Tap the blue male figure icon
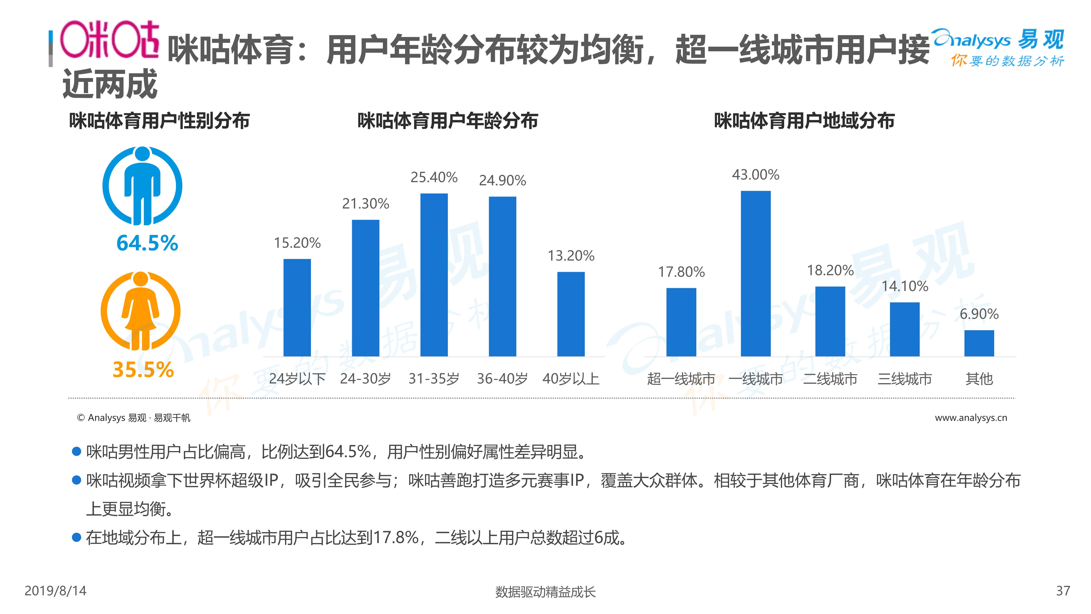(142, 186)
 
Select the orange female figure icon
(141, 311)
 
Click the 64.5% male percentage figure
(147, 243)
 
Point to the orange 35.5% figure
(143, 369)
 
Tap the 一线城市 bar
(756, 273)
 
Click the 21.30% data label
(365, 204)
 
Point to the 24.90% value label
(502, 180)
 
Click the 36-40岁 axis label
(502, 378)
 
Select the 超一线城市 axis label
(681, 378)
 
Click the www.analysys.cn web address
(971, 418)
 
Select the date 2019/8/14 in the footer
(55, 591)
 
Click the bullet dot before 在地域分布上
(77, 537)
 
